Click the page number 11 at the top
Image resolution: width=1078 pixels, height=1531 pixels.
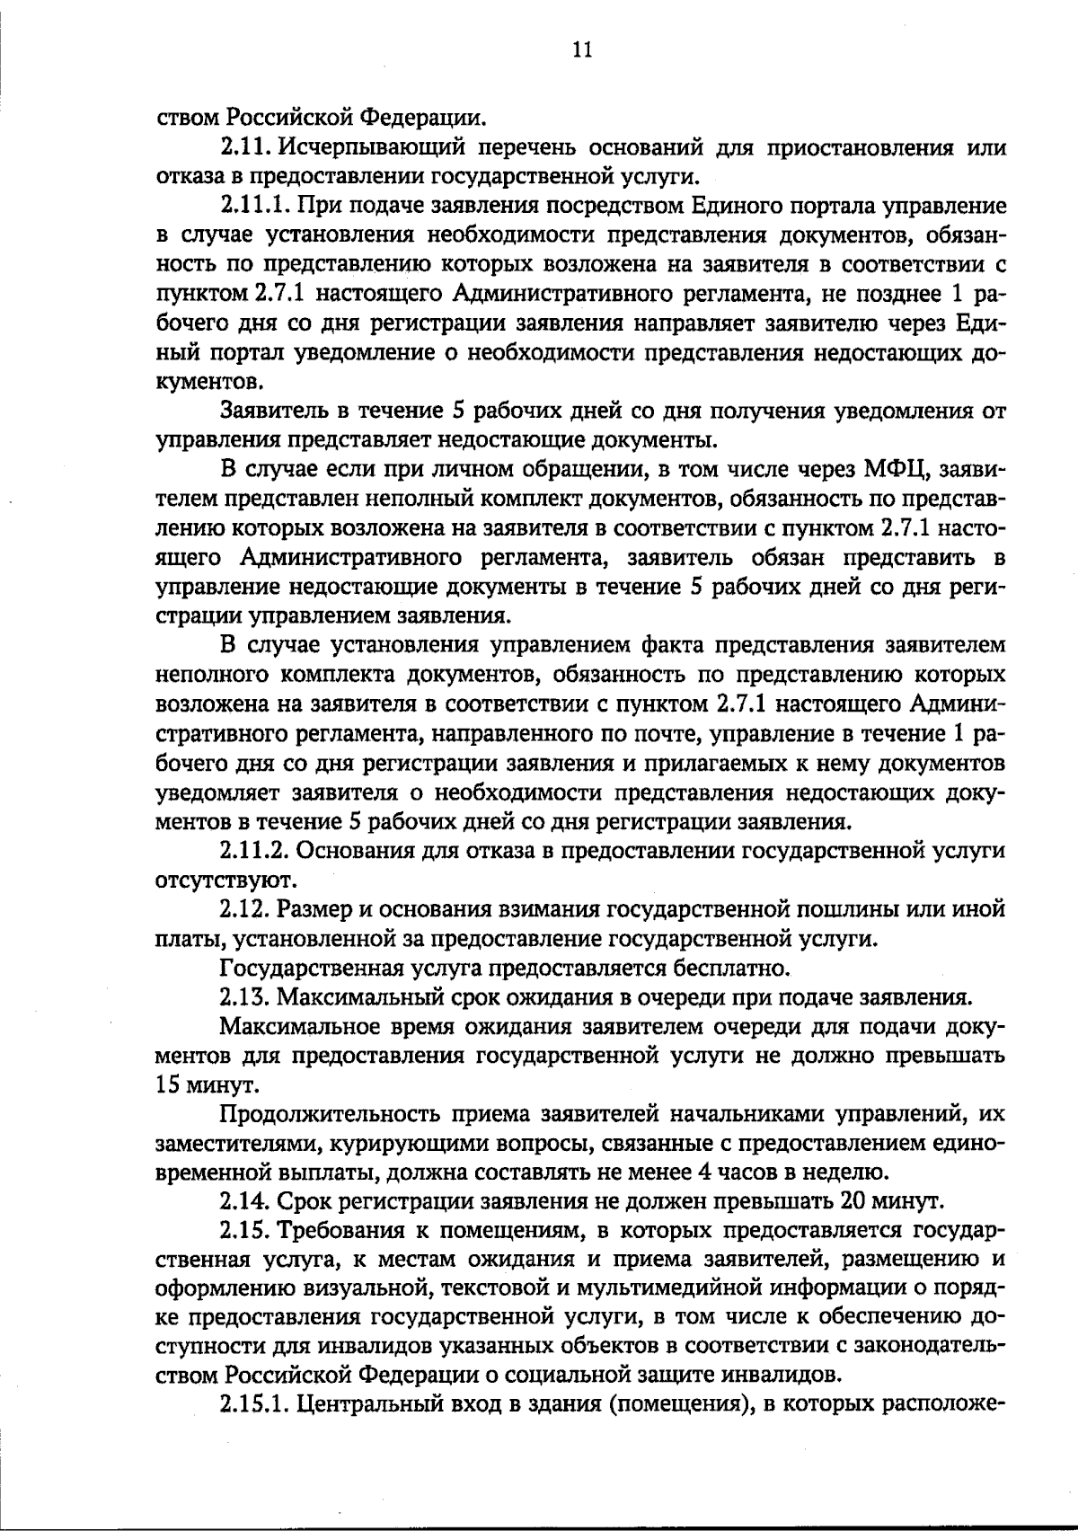(581, 50)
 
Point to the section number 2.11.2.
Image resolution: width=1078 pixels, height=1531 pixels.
(255, 850)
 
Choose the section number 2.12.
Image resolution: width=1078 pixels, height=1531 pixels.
(245, 909)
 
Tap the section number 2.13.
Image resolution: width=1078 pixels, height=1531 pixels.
(245, 997)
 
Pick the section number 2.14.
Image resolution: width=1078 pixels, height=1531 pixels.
(245, 1202)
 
